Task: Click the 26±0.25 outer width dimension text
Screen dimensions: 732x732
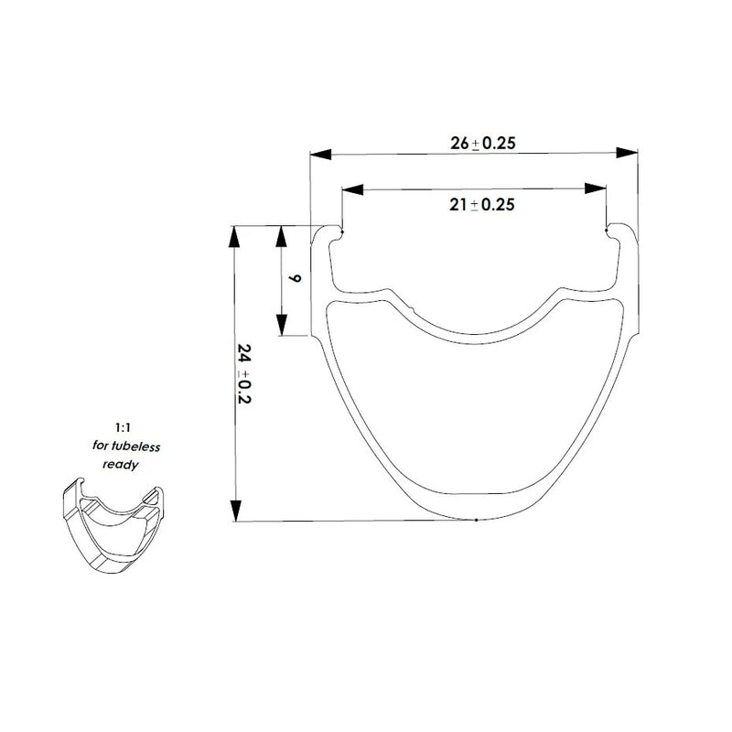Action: [x=481, y=144]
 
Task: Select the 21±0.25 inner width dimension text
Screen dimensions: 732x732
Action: [x=481, y=205]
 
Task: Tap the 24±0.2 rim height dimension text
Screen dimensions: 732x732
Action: [x=243, y=375]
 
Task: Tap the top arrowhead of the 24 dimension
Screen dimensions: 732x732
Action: [x=236, y=236]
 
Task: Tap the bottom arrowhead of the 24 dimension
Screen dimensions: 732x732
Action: [x=236, y=511]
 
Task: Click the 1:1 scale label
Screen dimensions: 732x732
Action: [x=123, y=427]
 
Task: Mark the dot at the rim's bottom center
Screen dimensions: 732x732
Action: [x=476, y=521]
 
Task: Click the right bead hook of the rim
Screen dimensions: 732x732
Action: [x=611, y=234]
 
